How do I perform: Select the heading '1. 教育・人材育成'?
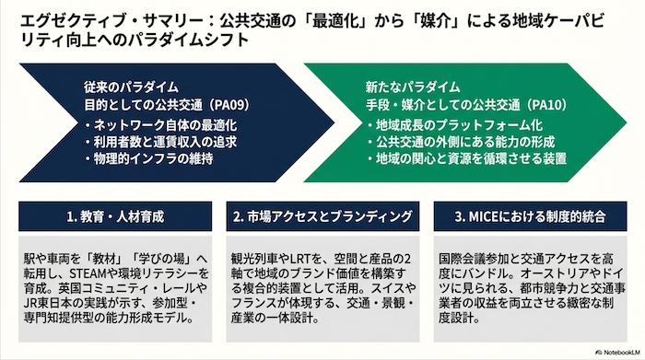tap(115, 216)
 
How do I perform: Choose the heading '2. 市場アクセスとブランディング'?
tap(322, 216)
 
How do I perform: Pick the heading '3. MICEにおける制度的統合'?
tap(530, 216)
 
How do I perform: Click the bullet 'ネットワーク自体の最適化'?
tap(165, 125)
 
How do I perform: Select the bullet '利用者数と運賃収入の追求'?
tap(165, 142)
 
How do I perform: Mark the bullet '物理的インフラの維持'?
tap(154, 158)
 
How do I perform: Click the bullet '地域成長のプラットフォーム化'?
tap(459, 125)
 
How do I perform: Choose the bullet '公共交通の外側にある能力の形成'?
tap(465, 142)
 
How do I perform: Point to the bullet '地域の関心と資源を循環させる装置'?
tap(472, 158)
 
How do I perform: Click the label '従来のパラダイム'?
tap(131, 87)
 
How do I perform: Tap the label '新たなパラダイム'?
tap(413, 87)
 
